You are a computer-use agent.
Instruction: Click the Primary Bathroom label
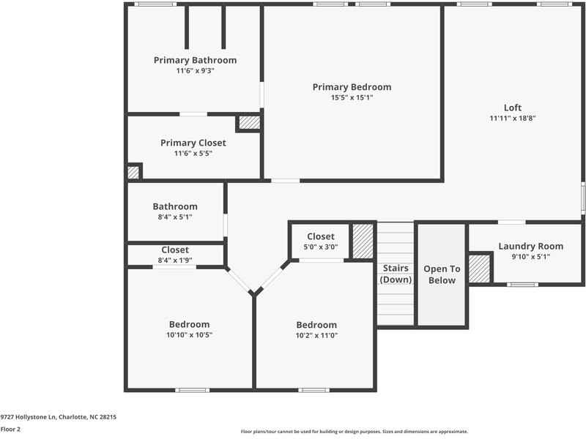[195, 60]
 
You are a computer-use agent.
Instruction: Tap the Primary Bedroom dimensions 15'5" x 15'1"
[352, 97]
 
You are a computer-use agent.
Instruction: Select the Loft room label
[513, 108]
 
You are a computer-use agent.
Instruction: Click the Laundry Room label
[530, 247]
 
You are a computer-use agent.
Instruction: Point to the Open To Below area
[442, 274]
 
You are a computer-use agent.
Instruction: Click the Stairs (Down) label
[396, 274]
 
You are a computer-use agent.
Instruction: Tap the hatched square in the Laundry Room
[479, 269]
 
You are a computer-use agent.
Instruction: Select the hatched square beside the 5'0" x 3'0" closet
[363, 241]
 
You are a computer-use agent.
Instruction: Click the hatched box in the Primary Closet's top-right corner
[249, 123]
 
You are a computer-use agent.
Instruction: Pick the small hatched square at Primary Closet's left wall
[133, 172]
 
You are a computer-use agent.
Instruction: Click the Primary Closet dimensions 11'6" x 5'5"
[193, 154]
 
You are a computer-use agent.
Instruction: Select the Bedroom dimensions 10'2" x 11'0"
[316, 336]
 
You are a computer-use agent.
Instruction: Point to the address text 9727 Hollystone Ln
[59, 416]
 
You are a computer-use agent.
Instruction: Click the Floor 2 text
[10, 429]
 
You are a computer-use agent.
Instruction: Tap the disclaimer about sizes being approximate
[354, 432]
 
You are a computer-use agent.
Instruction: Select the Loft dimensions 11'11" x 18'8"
[513, 119]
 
